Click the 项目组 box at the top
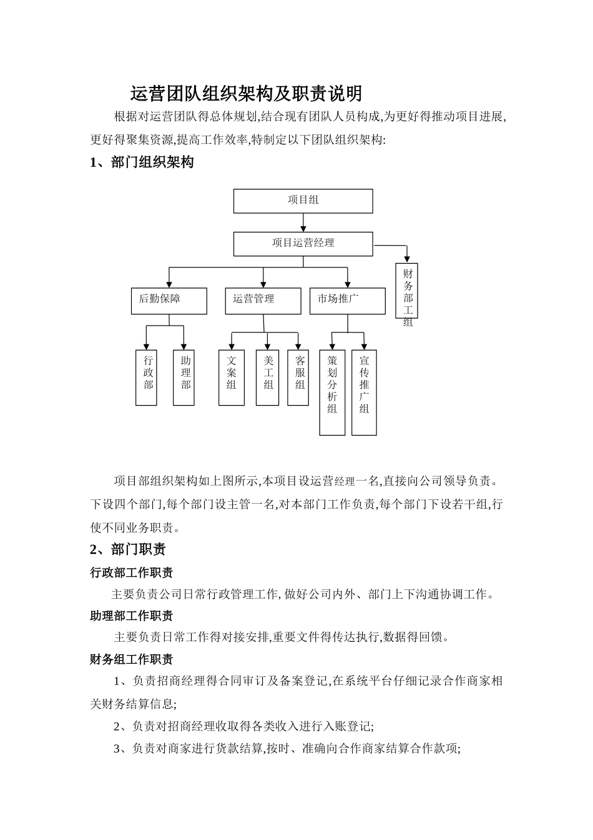pos(303,201)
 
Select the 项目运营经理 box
pos(303,244)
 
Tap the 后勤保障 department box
pos(169,301)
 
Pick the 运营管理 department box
pos(263,301)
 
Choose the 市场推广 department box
pos(347,301)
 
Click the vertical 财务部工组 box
pos(408,291)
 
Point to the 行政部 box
pos(147,377)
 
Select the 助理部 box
pos(184,377)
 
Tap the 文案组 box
pos(231,377)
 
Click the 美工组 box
pos(268,377)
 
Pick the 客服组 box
pos(299,377)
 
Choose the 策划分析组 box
pos(332,392)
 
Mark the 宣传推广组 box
pos(364,392)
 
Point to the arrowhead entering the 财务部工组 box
pos(408,257)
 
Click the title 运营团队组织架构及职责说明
pos(246,94)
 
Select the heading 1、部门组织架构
pos(142,162)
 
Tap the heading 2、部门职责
pos(128,550)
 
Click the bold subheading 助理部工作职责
pos(132,616)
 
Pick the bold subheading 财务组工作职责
pos(132,659)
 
